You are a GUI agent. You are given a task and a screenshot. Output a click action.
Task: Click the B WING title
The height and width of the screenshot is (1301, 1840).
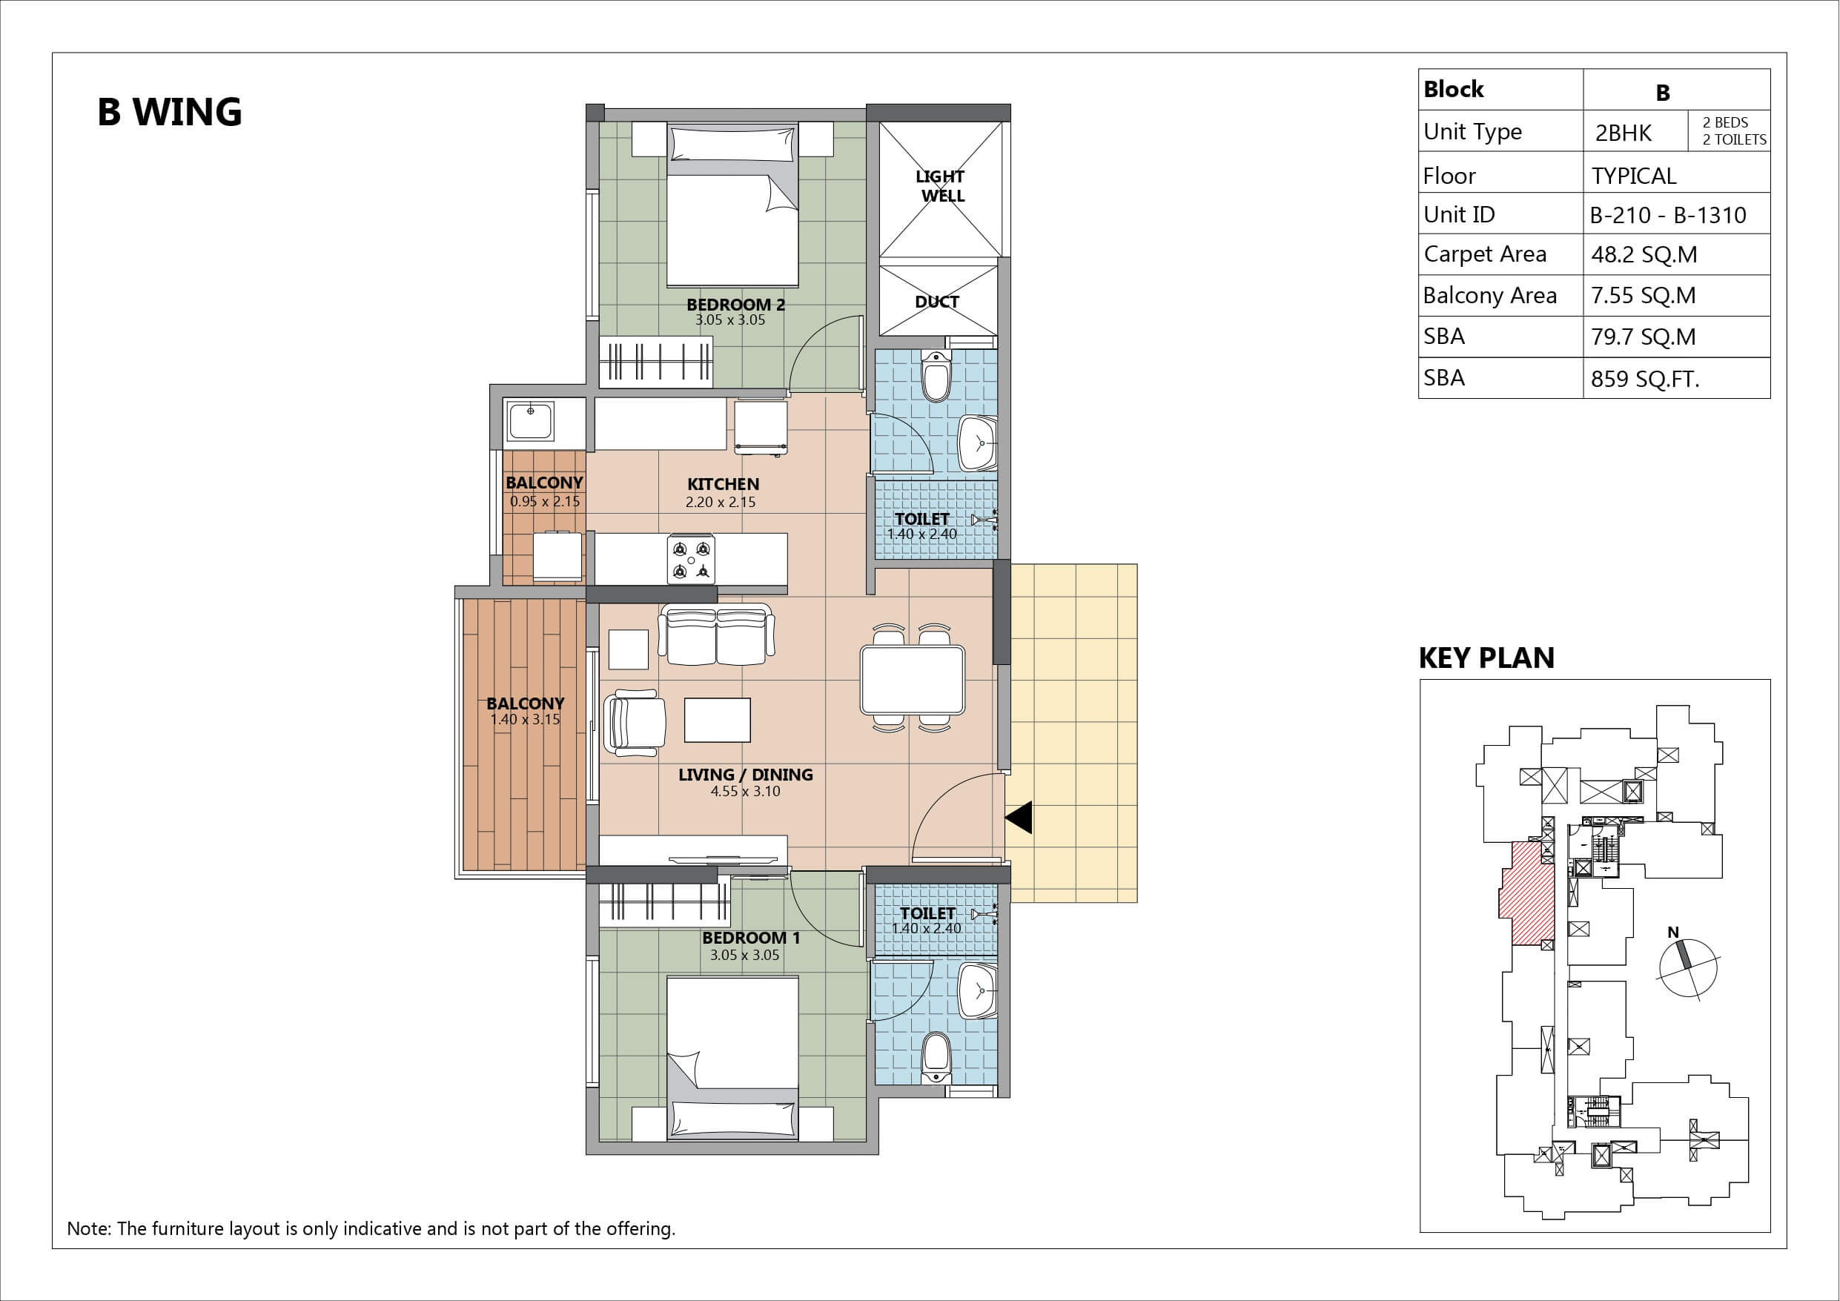pos(169,112)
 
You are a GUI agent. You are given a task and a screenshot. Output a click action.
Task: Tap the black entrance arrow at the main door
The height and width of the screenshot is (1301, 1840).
pos(1019,818)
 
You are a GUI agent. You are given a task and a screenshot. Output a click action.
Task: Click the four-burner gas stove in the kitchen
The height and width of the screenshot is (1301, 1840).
pos(691,560)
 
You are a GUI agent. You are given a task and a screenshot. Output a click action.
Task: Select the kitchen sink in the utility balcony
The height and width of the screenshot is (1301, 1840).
pos(531,421)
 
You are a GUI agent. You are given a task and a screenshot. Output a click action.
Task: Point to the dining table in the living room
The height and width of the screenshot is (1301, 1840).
pos(912,680)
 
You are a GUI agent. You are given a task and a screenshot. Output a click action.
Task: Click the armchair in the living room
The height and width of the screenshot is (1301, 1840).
pos(635,722)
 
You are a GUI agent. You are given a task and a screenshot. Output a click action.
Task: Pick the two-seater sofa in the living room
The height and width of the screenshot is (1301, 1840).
pos(715,635)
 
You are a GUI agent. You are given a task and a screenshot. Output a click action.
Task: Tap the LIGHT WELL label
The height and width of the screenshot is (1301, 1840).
pos(941,186)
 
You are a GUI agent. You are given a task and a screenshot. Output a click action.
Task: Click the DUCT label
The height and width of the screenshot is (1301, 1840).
pos(937,302)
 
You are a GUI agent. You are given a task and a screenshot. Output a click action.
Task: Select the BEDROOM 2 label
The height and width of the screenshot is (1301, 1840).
pos(735,305)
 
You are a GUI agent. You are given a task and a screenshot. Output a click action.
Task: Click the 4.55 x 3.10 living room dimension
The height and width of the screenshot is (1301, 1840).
pos(745,791)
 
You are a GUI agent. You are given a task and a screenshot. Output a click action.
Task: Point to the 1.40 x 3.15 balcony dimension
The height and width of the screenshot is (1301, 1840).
pos(525,719)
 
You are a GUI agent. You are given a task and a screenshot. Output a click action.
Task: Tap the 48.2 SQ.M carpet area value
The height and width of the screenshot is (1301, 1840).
pos(1644,255)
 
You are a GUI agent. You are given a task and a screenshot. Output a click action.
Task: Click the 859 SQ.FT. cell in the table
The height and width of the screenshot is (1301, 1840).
pos(1645,378)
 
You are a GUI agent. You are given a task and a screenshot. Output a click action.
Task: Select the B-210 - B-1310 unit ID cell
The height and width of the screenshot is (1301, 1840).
pos(1668,215)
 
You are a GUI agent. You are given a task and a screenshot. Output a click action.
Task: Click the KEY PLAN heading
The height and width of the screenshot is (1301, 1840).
pos(1486,658)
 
